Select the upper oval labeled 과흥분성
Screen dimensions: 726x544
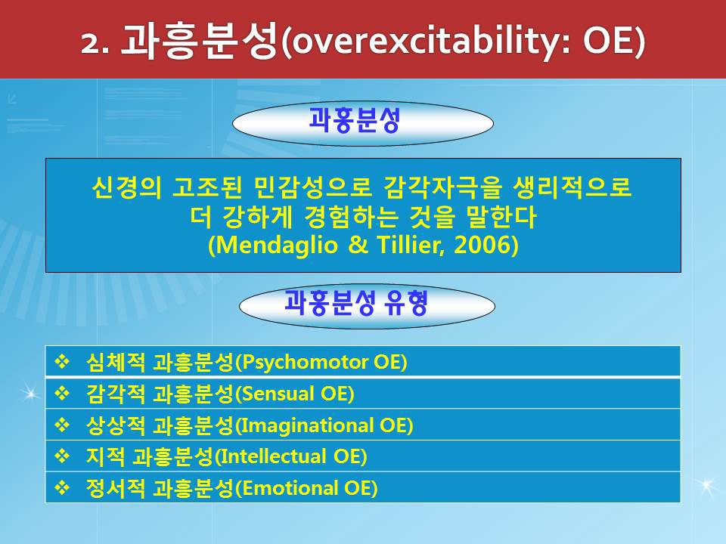coord(362,123)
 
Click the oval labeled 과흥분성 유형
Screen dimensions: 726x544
coord(367,306)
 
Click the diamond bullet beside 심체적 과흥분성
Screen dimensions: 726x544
coord(62,361)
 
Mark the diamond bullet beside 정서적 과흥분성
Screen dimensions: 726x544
coord(62,487)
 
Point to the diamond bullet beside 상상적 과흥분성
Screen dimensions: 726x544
coord(62,424)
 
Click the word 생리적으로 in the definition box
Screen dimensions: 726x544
coord(572,187)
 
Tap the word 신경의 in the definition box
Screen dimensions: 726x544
coord(127,187)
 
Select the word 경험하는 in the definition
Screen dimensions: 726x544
coord(351,217)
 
